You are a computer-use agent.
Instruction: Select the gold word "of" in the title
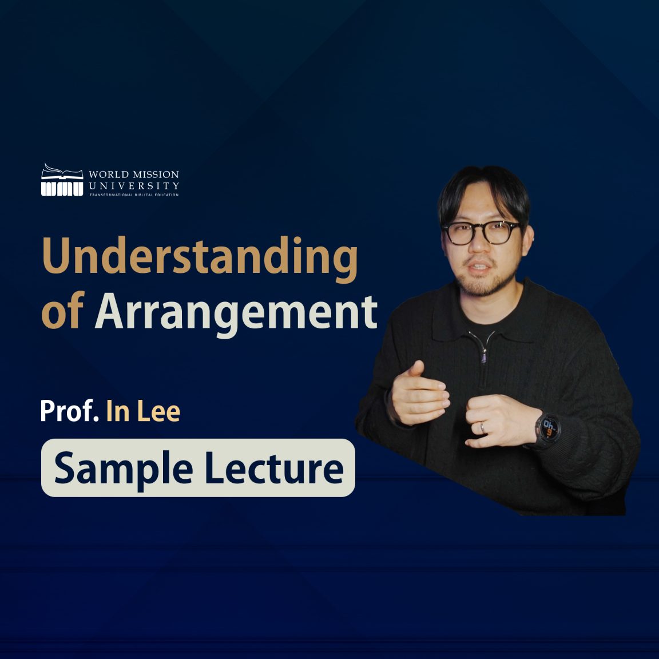tap(63, 310)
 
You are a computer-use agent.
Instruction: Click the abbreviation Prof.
tap(69, 411)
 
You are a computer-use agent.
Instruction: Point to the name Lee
tap(159, 411)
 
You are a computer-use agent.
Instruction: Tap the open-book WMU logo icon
tap(62, 180)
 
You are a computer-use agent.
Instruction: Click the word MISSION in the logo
tap(156, 174)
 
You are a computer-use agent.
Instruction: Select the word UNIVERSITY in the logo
tap(134, 185)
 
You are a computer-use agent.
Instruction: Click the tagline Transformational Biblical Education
tap(134, 194)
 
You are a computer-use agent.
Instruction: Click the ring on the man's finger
tap(482, 427)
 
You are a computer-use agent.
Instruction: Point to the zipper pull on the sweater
tap(484, 356)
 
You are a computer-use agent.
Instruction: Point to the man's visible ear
tap(527, 240)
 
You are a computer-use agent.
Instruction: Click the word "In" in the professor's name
tap(118, 411)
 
